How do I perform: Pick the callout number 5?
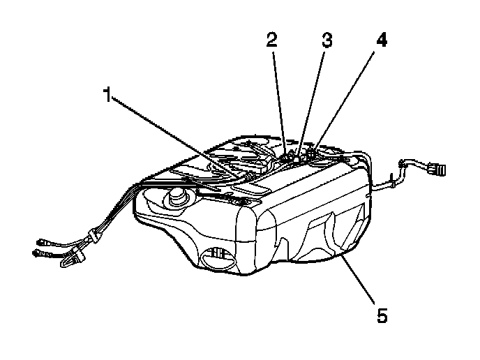pos(382,315)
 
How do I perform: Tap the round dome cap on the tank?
pos(175,198)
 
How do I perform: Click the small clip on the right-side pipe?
pos(393,182)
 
